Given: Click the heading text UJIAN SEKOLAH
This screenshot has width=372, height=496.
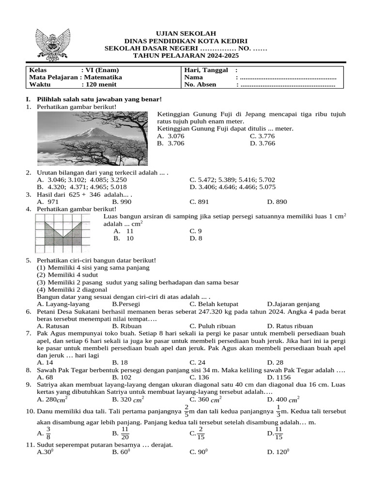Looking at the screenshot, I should [x=186, y=33].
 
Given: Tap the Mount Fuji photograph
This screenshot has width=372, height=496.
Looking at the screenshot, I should [x=93, y=139].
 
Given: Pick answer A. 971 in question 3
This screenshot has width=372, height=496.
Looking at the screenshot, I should [x=48, y=201].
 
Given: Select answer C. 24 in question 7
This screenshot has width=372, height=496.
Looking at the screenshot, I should [x=198, y=362].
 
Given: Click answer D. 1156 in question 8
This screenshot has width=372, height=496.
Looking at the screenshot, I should [x=278, y=376].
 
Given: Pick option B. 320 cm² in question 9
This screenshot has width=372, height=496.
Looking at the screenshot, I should [x=128, y=400].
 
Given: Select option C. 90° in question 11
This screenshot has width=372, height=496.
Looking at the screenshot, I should [x=199, y=452].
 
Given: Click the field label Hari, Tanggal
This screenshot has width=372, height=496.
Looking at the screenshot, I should [x=206, y=70].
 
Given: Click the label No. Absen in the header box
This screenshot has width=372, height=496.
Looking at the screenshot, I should [x=200, y=84].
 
